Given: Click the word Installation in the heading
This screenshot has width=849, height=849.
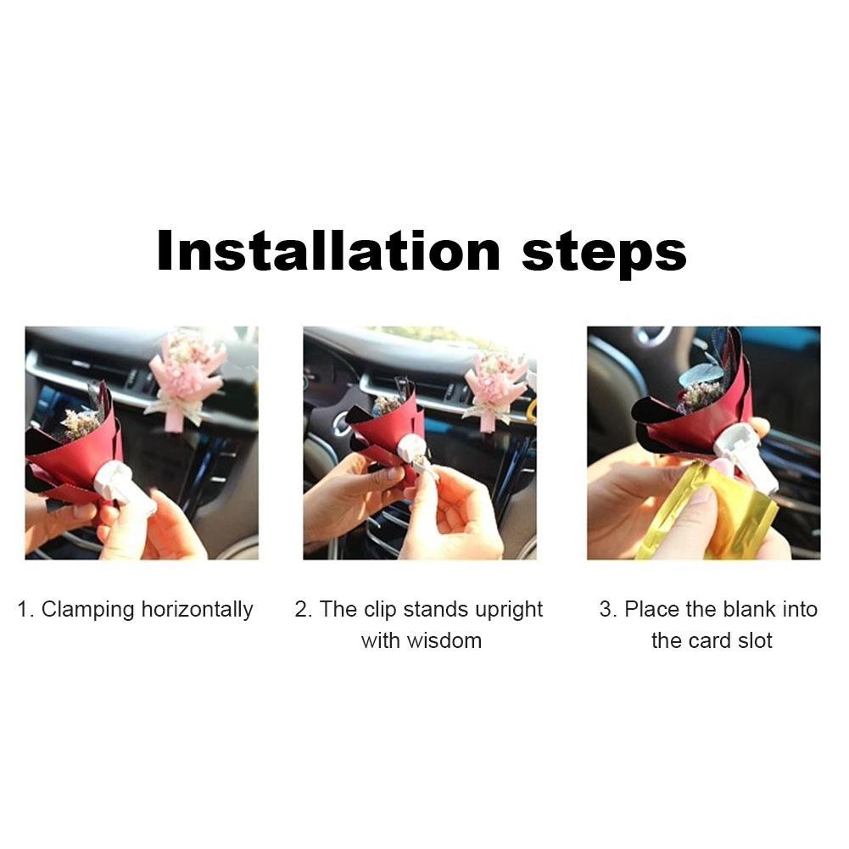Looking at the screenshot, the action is [x=329, y=251].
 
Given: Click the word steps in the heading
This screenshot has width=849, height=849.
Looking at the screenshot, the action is [x=604, y=254].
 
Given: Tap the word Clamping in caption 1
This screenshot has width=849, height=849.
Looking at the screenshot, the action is [x=87, y=610].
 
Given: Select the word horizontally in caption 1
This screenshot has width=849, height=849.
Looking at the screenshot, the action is [x=197, y=610].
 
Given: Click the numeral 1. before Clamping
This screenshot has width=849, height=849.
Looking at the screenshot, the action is [x=26, y=610].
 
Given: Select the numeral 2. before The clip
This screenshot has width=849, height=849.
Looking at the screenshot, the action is [x=304, y=610].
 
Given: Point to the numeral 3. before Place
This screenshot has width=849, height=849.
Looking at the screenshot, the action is [x=608, y=610].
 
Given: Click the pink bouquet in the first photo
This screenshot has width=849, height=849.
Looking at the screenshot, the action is [x=186, y=378].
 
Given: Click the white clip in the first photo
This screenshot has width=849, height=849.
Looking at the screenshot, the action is [x=126, y=487].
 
